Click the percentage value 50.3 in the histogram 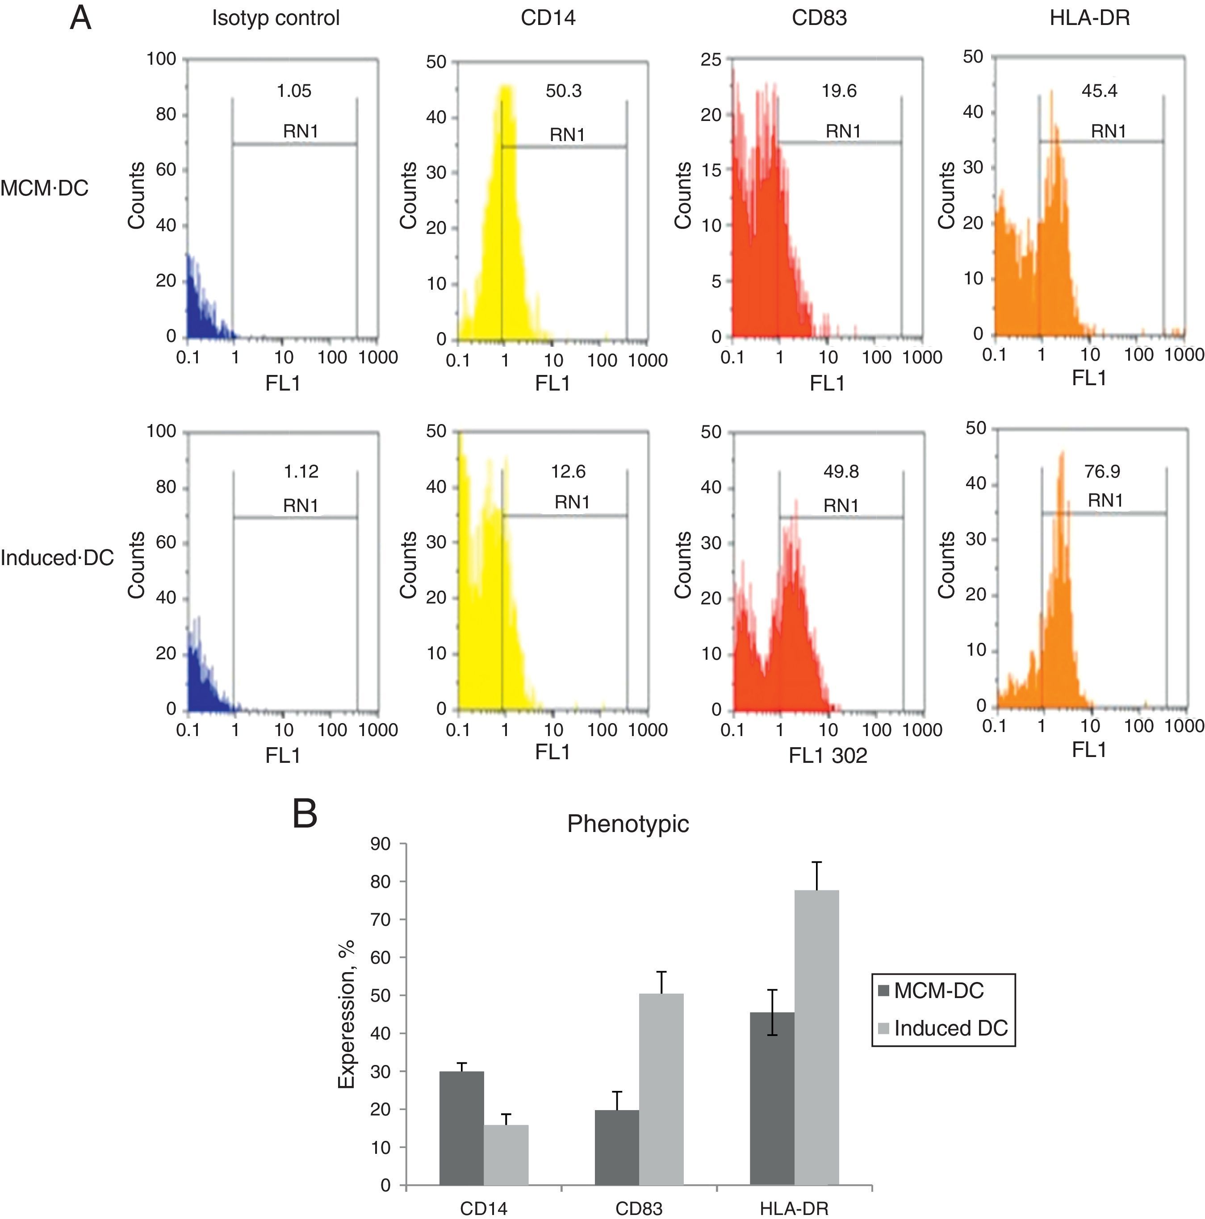(x=563, y=91)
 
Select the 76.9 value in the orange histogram (x=1101, y=471)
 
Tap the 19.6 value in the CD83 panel (x=839, y=91)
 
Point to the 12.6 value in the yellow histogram (x=568, y=471)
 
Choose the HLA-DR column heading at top (x=1089, y=18)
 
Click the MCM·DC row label (x=45, y=188)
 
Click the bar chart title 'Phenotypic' (x=628, y=824)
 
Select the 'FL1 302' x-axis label (x=828, y=755)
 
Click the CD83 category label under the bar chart (x=639, y=1208)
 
